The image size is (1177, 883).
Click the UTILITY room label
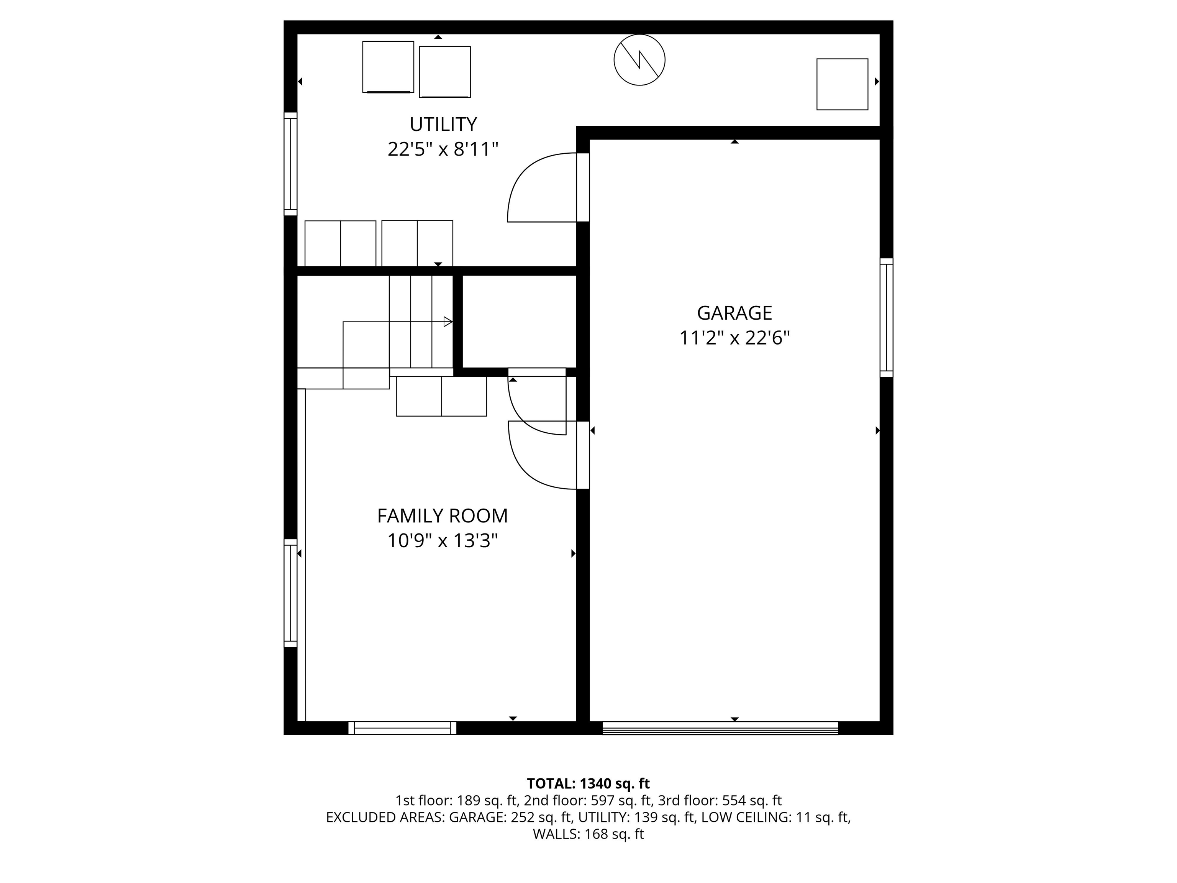pyautogui.click(x=443, y=125)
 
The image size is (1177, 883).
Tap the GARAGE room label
pyautogui.click(x=734, y=313)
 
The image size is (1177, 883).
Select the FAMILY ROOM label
pyautogui.click(x=442, y=516)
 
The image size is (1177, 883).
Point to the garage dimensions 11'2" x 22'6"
pyautogui.click(x=734, y=338)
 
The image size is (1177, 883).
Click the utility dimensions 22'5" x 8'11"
pyautogui.click(x=443, y=149)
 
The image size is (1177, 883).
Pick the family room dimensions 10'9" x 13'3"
pyautogui.click(x=442, y=541)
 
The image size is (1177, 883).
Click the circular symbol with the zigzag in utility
pyautogui.click(x=639, y=60)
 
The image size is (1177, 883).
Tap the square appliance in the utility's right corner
pyautogui.click(x=842, y=84)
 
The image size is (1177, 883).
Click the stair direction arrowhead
pyautogui.click(x=448, y=322)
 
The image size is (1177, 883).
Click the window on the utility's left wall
pyautogui.click(x=290, y=164)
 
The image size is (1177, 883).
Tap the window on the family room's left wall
pyautogui.click(x=290, y=593)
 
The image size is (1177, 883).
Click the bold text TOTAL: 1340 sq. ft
pyautogui.click(x=588, y=783)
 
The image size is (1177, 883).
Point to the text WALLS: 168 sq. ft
pyautogui.click(x=588, y=834)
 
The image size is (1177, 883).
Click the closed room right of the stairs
pyautogui.click(x=519, y=322)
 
